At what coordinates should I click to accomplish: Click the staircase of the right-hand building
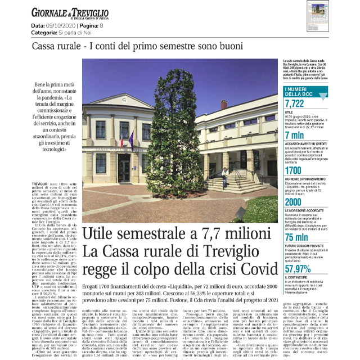coord(225,180)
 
